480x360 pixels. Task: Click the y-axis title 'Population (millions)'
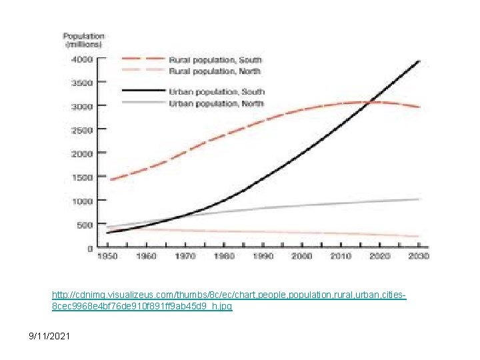(83, 40)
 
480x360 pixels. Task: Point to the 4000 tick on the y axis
(82, 59)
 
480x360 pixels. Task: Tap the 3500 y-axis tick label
(82, 83)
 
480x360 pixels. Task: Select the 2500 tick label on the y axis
(82, 130)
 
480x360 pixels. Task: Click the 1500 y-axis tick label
(82, 177)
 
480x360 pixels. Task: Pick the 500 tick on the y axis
(84, 225)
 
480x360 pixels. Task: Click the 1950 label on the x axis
(108, 256)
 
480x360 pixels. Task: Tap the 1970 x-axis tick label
(186, 256)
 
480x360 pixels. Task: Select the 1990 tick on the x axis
(264, 256)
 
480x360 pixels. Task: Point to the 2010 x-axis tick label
(342, 256)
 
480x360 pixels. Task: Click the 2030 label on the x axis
(419, 256)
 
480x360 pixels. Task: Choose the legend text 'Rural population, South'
(215, 60)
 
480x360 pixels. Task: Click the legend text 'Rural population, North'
(215, 71)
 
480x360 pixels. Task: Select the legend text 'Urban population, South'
(217, 91)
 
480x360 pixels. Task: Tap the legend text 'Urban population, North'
(217, 103)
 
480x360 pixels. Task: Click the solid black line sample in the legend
(143, 91)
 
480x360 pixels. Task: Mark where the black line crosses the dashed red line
(369, 102)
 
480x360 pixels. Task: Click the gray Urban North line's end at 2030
(419, 199)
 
